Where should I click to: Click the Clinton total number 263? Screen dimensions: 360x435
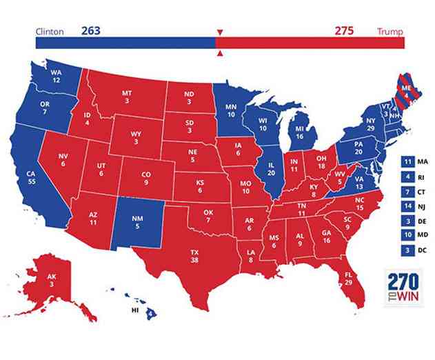(x=91, y=31)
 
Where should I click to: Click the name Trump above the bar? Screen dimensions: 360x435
(x=391, y=32)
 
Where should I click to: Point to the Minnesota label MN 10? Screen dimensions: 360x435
(x=232, y=111)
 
